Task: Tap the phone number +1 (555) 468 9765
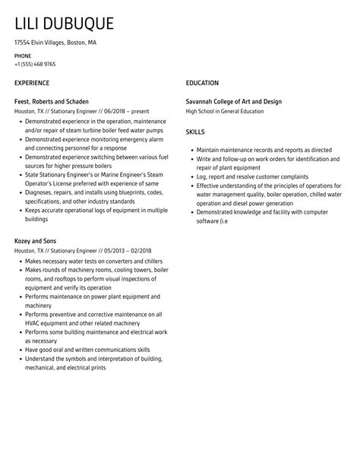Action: coord(35,65)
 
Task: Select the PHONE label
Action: coord(24,56)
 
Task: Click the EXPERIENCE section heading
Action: coord(32,83)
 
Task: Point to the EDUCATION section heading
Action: coord(202,83)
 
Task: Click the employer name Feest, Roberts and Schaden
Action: coord(52,102)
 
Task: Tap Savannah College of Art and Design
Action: coord(235,102)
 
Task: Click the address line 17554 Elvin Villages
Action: coord(55,43)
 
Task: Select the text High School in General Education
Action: coord(225,111)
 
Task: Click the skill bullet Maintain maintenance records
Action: coord(253,151)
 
